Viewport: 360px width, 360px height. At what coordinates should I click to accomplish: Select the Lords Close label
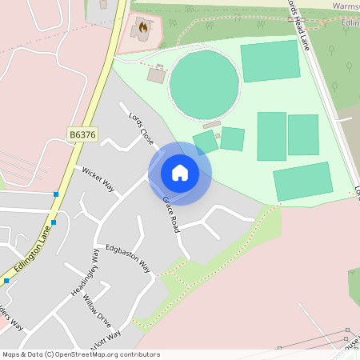pos(142,128)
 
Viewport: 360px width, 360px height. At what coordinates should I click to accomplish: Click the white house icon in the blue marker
pos(180,173)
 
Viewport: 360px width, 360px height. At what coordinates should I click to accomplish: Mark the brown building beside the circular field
pos(157,74)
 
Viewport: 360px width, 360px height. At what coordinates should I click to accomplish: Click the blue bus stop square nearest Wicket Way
pos(56,194)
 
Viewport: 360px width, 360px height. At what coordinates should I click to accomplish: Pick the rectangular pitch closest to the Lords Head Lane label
pos(270,61)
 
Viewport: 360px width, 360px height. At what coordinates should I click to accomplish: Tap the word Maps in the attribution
pos(11,354)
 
